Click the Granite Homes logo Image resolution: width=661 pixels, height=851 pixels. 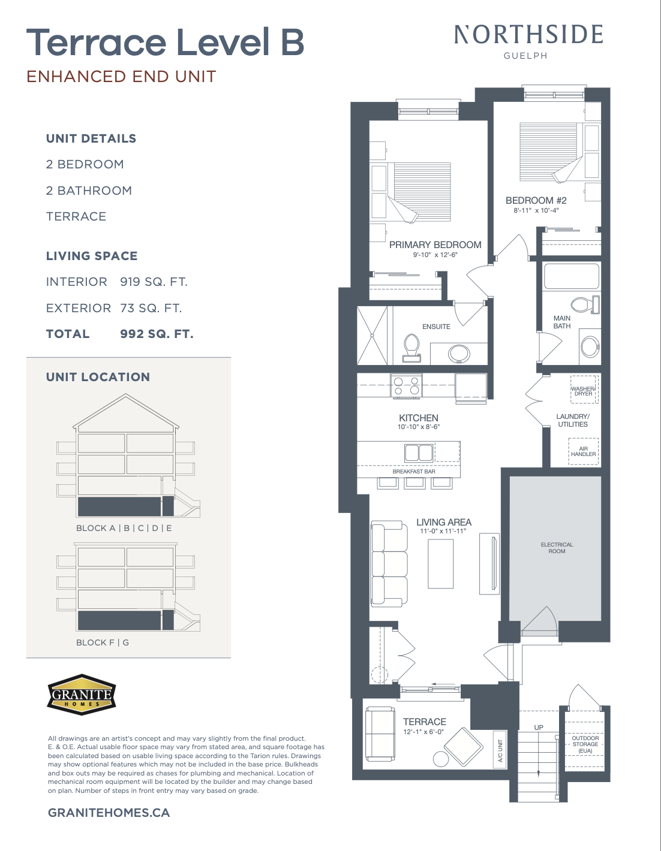click(x=82, y=695)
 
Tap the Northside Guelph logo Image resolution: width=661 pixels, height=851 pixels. click(x=528, y=41)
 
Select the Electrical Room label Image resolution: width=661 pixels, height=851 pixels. click(x=557, y=548)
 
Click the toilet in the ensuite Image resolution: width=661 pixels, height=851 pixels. click(x=411, y=348)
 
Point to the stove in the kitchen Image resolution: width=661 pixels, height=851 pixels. click(x=406, y=386)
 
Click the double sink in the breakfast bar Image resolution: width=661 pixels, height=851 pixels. click(x=419, y=452)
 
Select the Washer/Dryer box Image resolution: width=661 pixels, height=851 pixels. click(x=583, y=390)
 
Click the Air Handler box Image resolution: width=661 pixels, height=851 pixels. click(x=584, y=451)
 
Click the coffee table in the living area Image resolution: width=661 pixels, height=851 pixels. click(x=441, y=563)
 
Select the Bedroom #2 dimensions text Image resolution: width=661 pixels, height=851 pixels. click(x=536, y=210)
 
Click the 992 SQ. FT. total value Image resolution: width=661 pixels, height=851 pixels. click(x=157, y=334)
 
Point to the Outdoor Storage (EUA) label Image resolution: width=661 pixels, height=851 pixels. click(x=585, y=744)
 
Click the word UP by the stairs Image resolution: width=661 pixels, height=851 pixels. click(x=539, y=728)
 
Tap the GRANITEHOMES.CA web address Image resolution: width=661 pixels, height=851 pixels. click(x=109, y=813)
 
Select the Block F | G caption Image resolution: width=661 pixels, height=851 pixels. click(x=102, y=642)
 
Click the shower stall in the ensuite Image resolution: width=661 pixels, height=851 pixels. click(x=372, y=336)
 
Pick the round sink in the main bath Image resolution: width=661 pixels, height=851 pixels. click(x=590, y=346)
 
